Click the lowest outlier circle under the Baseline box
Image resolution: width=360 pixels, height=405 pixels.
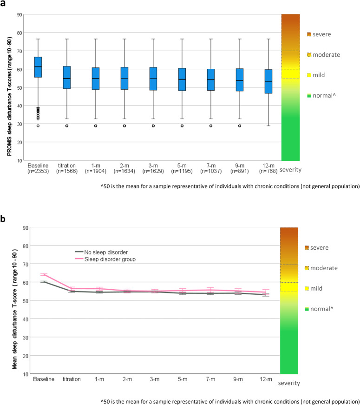tap(38, 126)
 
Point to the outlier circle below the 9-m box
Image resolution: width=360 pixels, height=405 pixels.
tap(240, 126)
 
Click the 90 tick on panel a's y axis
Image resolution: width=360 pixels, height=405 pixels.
tap(20, 14)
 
